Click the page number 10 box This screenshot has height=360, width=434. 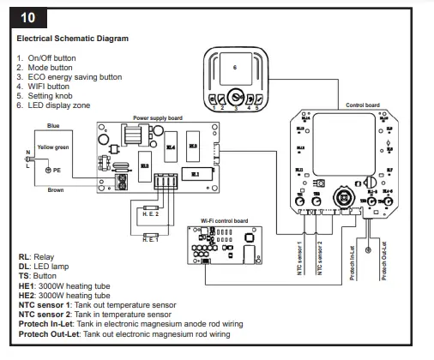point(28,16)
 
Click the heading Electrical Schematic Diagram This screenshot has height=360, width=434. point(72,39)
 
